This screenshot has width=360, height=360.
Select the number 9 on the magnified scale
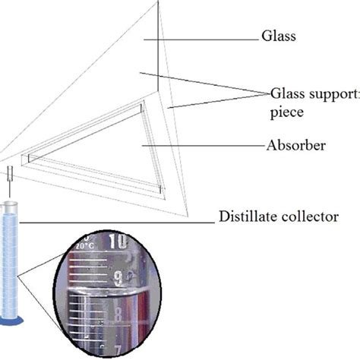pos(118,279)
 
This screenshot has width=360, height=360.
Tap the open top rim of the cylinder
pos(10,204)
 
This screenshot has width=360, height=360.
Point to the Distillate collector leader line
pos(114,222)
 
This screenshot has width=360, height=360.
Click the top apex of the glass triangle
pos(159,4)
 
